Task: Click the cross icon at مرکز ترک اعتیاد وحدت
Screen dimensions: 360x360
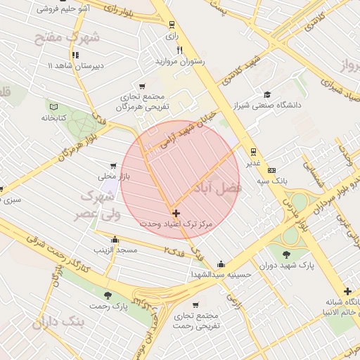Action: (x=175, y=212)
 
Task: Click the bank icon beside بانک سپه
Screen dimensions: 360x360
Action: (x=272, y=170)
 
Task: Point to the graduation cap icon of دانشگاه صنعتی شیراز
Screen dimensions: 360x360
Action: (x=267, y=95)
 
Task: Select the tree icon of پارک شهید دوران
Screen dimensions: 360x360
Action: (x=286, y=255)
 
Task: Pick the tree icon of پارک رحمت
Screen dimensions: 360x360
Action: (x=107, y=295)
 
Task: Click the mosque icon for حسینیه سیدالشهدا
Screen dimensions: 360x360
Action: (x=221, y=264)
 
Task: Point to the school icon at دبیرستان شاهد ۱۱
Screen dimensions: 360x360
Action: (x=75, y=54)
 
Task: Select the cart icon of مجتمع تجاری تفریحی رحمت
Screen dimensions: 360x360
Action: (x=195, y=305)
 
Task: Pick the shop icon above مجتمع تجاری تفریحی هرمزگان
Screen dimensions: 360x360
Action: (x=143, y=86)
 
